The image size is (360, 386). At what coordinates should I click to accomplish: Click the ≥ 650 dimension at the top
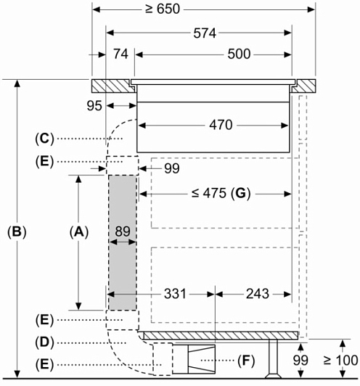point(163,9)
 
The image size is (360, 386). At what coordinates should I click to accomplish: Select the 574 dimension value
point(205,33)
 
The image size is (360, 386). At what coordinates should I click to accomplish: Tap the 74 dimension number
point(120,54)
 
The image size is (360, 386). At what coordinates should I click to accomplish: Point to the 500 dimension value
point(239,54)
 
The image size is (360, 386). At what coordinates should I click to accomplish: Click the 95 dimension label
point(94,106)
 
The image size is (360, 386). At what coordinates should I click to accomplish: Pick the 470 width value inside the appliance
point(221,125)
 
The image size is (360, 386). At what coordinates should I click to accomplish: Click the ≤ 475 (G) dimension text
point(221,193)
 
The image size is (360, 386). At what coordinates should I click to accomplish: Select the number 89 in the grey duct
point(123,231)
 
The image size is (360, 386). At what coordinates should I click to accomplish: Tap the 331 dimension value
point(175,294)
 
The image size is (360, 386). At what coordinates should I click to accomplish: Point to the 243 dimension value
point(258,294)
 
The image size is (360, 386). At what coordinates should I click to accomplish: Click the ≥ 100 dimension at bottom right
point(341,361)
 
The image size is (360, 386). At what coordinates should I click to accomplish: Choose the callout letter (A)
point(79,232)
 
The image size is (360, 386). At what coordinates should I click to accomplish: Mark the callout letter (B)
point(17,232)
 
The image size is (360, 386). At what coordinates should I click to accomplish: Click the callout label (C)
point(44,139)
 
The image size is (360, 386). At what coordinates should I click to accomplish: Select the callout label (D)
point(44,342)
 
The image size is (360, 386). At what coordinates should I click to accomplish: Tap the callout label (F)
point(246,361)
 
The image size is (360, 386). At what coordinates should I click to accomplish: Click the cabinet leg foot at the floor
point(274,376)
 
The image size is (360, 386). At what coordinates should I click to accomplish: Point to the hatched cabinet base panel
point(221,335)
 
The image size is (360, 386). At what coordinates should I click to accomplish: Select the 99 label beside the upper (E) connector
point(172,168)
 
